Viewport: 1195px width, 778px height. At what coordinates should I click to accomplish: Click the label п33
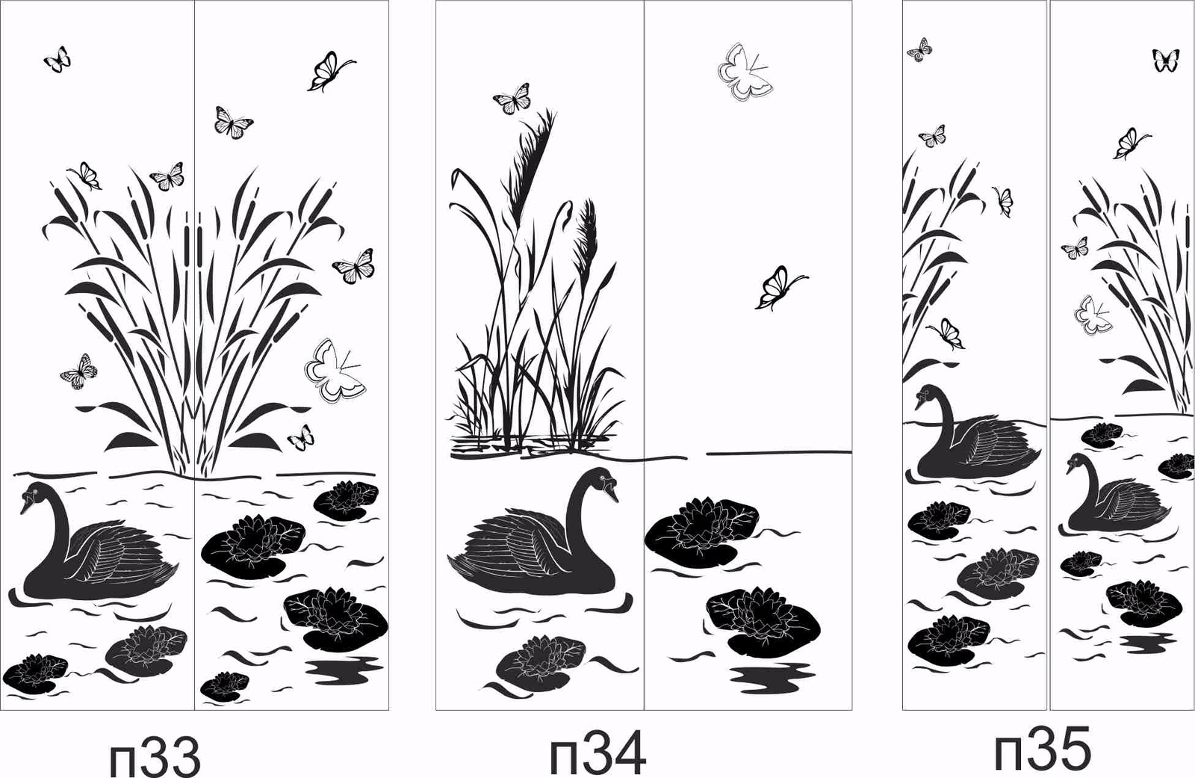coord(155,756)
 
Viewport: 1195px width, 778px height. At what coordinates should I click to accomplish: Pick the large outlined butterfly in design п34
coord(745,72)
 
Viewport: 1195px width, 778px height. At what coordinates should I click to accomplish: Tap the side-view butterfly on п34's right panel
coord(780,288)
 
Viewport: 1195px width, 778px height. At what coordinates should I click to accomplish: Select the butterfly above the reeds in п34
coord(512,99)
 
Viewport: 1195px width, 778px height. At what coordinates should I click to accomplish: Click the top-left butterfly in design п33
coord(57,59)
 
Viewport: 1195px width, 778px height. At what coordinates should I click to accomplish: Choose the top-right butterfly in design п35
coord(1166,60)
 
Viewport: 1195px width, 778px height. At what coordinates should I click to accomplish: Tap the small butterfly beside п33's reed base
coord(301,437)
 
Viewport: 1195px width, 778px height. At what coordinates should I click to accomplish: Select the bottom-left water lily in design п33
coord(35,674)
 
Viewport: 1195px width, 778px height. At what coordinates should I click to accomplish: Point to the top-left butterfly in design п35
coord(919,49)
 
